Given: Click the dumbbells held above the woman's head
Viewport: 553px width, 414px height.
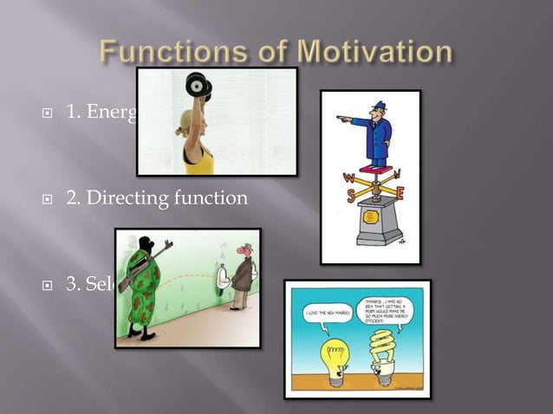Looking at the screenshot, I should tap(199, 84).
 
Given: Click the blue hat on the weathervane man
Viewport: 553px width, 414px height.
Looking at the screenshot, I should tap(378, 108).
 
